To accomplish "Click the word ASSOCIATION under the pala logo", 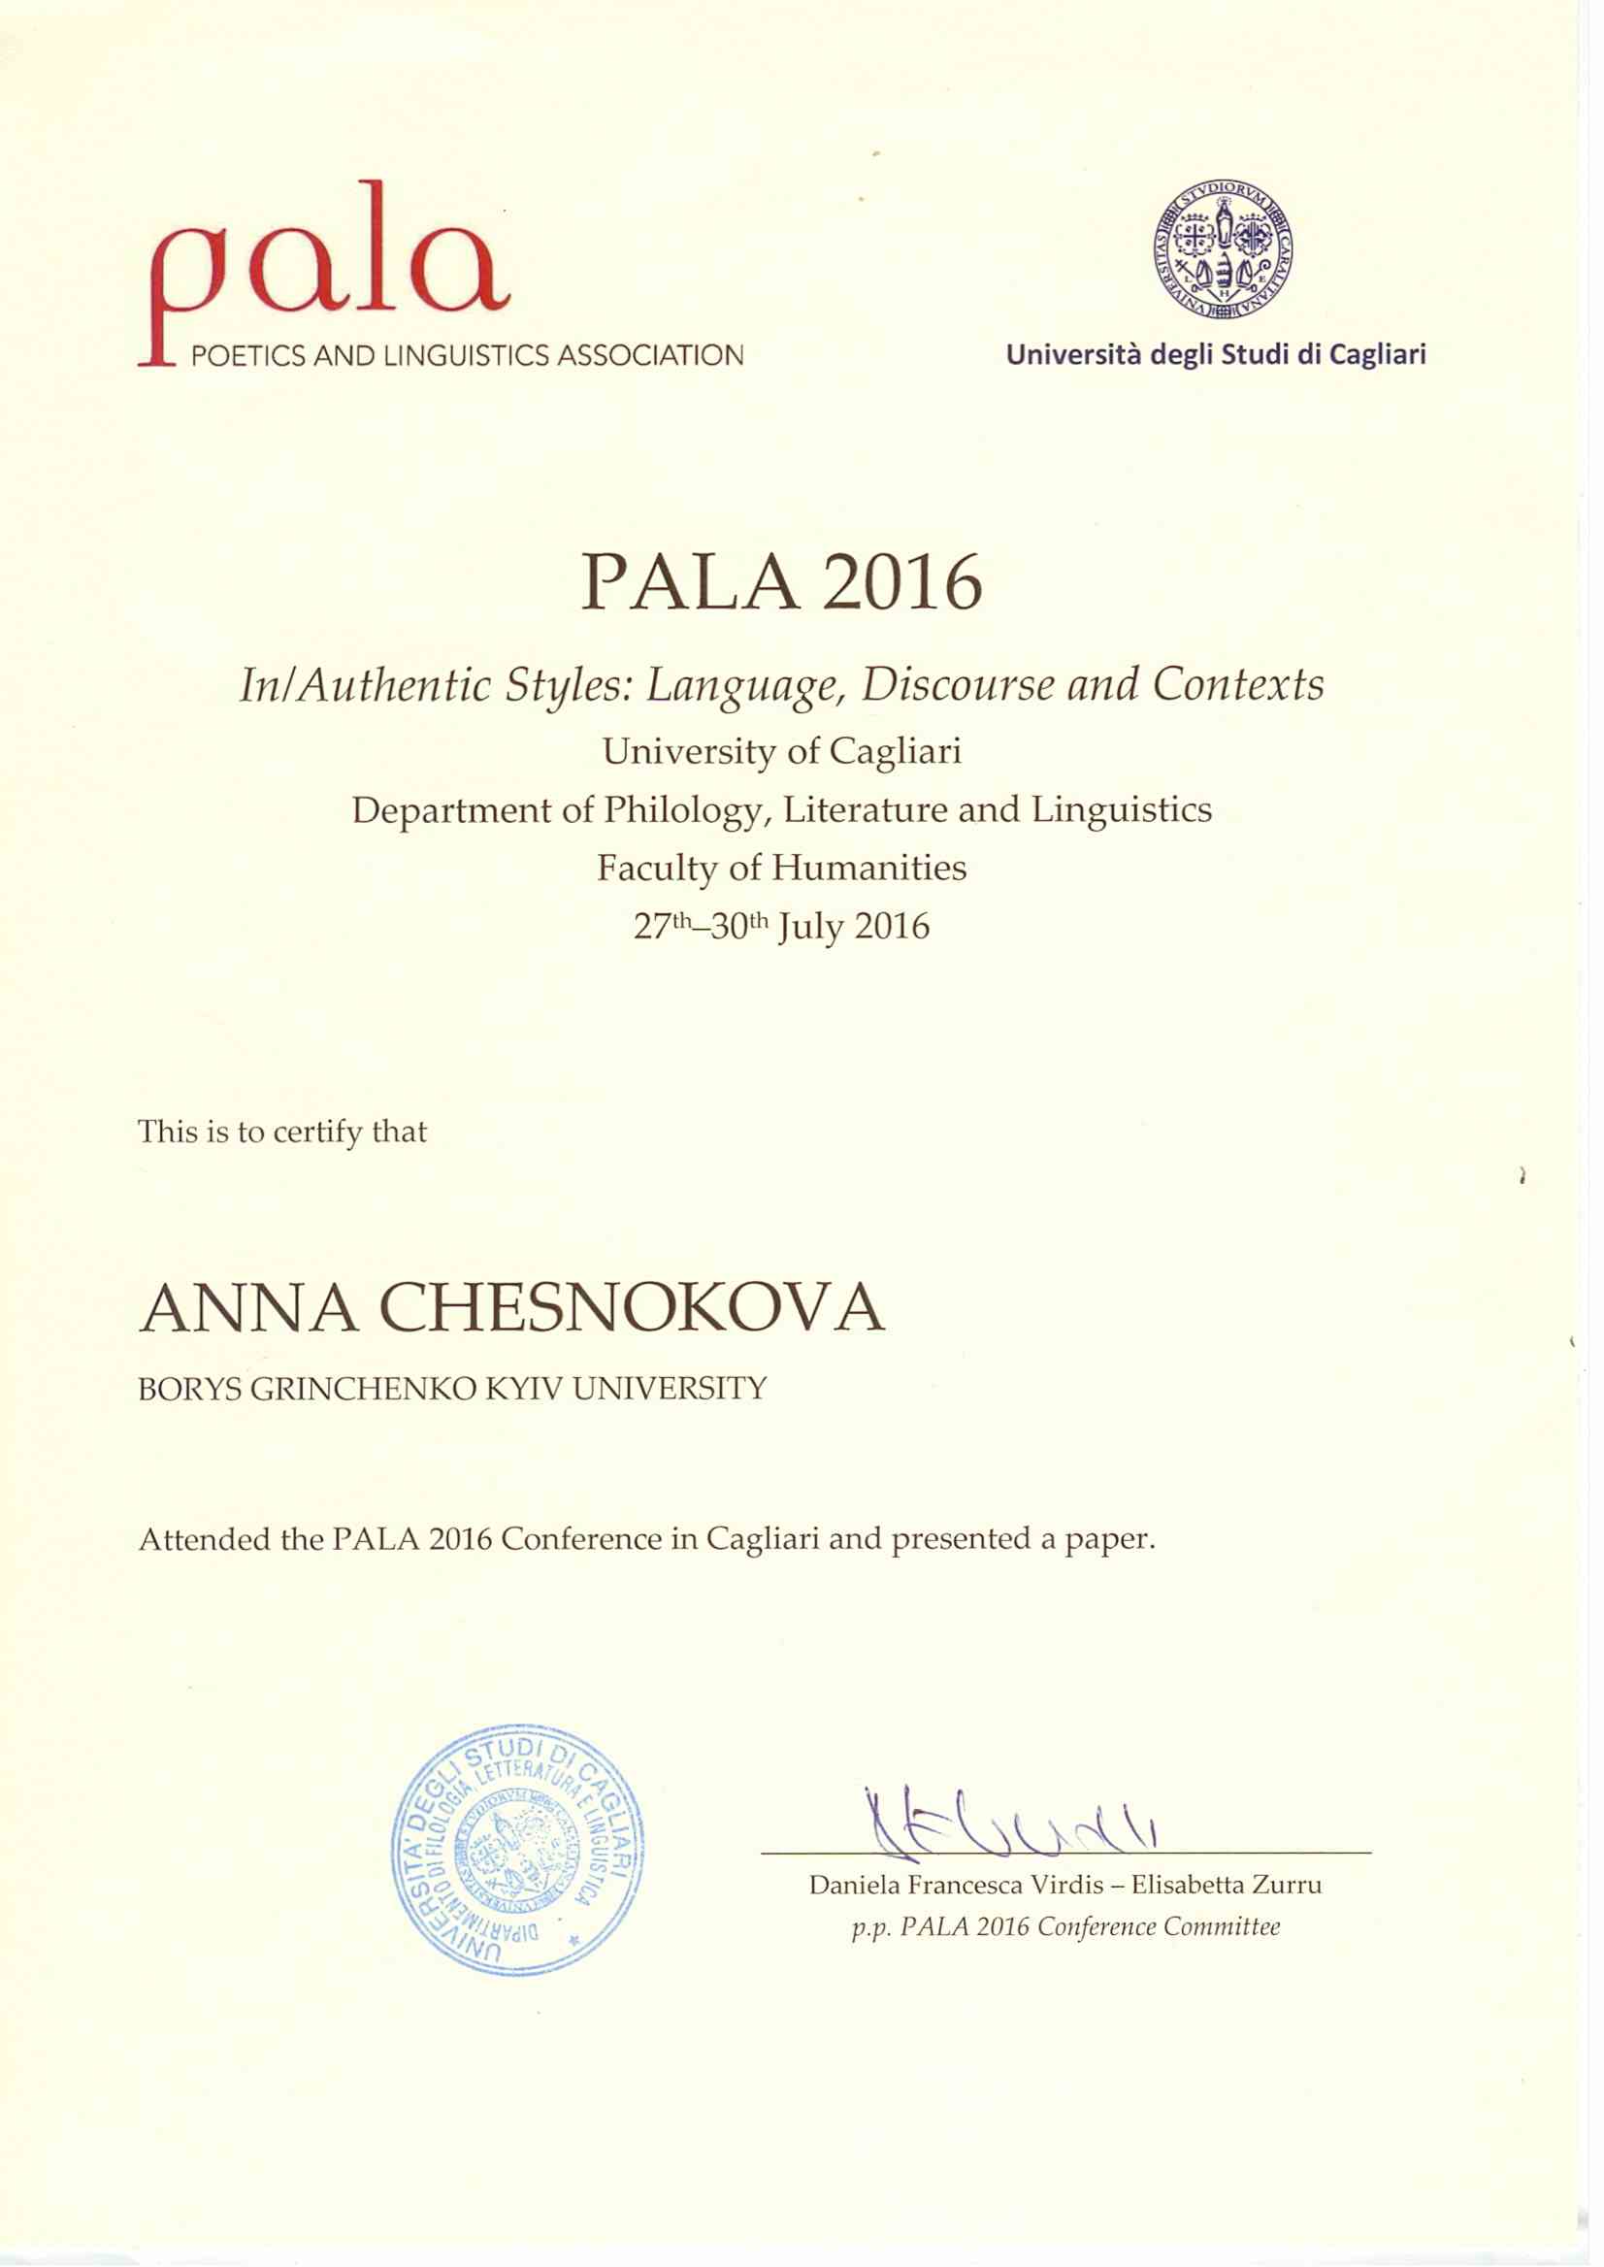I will coord(651,355).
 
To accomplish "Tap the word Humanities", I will coord(869,869).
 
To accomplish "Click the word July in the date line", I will coord(811,928).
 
